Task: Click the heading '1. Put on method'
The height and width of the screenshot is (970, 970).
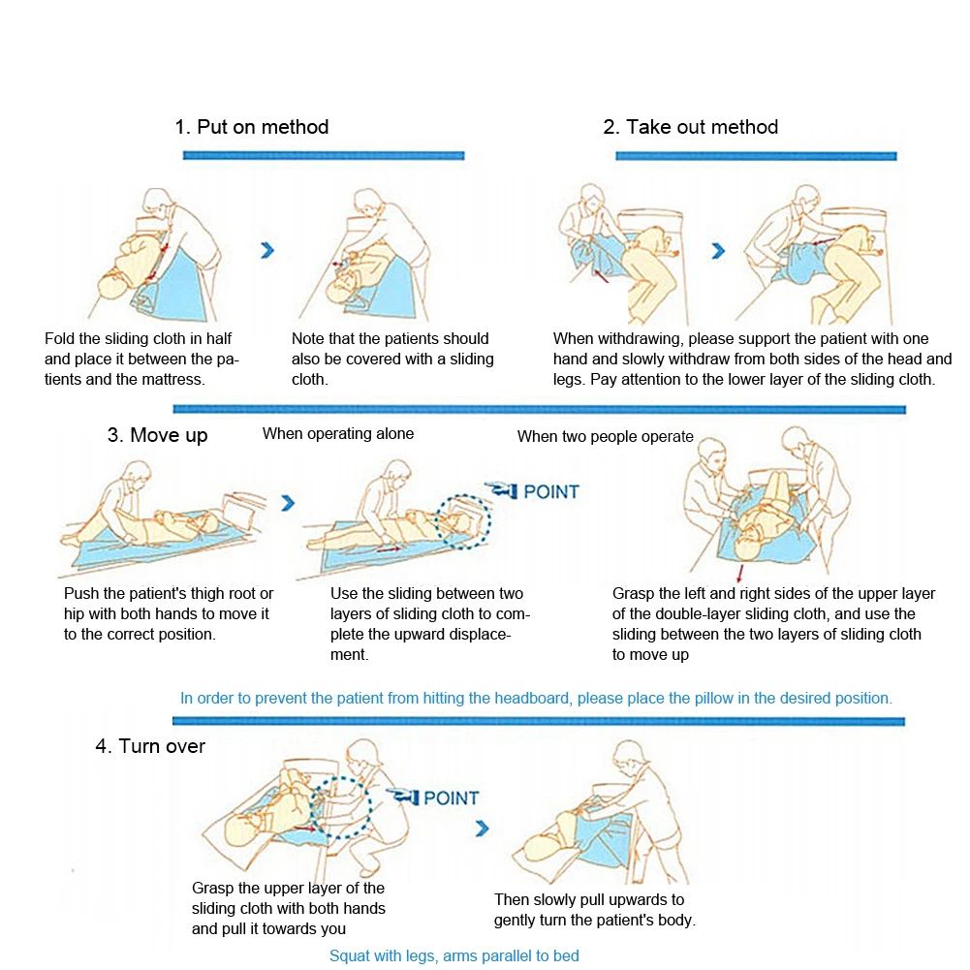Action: [x=252, y=127]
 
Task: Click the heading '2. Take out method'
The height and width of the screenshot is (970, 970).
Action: [x=691, y=127]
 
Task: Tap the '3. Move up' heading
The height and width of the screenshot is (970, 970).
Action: [x=158, y=435]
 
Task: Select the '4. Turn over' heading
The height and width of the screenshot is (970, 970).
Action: [x=150, y=746]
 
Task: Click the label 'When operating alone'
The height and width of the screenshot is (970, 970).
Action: [x=338, y=434]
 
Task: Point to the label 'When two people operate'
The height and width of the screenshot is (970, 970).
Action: [x=606, y=436]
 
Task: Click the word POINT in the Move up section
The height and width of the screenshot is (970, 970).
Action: [x=550, y=491]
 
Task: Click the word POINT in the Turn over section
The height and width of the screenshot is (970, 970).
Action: [x=452, y=798]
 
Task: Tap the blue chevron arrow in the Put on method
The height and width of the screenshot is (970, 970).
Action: [x=267, y=250]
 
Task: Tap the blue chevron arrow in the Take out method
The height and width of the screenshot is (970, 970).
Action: [x=718, y=251]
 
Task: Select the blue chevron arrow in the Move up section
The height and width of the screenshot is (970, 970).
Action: [x=288, y=503]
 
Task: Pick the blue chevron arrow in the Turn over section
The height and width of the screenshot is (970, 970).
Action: [x=482, y=829]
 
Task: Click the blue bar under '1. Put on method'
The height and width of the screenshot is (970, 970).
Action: [x=324, y=155]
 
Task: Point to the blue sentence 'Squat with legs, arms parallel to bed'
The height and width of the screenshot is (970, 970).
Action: [x=454, y=956]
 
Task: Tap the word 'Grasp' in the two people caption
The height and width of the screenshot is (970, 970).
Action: [x=635, y=593]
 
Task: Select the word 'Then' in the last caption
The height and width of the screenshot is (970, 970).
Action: [x=513, y=899]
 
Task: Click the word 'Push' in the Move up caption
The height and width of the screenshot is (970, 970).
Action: [x=81, y=593]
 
